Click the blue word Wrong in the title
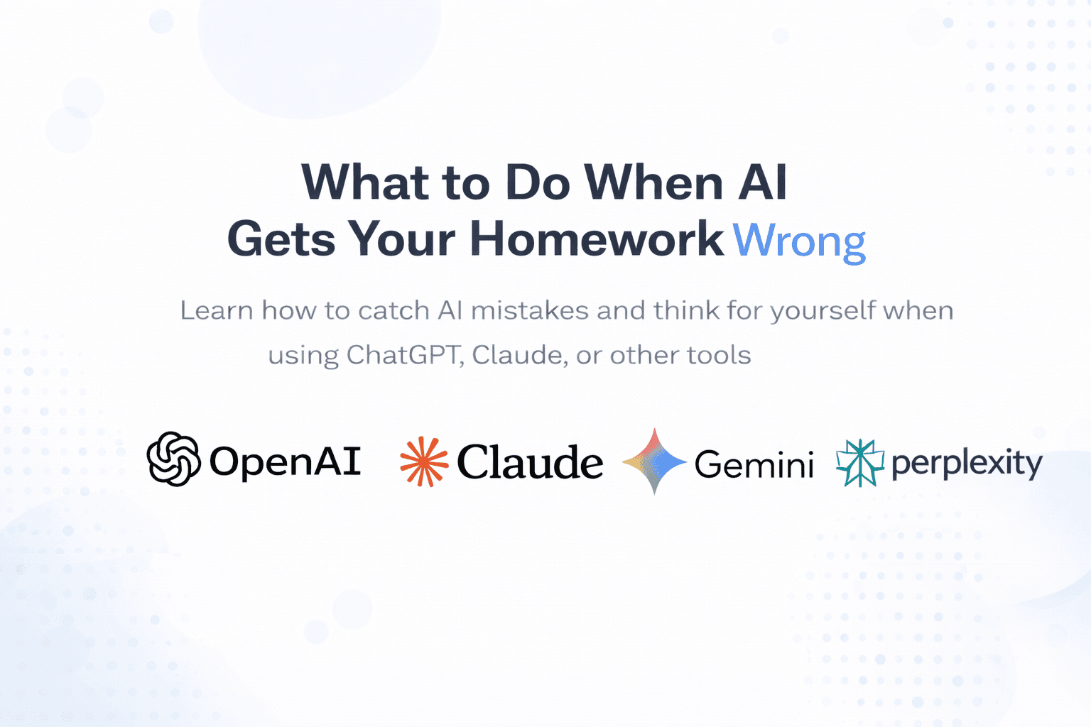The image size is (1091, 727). tap(799, 241)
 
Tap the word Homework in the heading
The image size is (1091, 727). tap(597, 239)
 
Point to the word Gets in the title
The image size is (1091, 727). tap(281, 239)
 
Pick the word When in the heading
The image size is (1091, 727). tap(653, 182)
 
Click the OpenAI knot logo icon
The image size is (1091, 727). tap(173, 459)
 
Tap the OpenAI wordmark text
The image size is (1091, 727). tap(285, 461)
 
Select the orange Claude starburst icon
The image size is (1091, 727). tap(424, 461)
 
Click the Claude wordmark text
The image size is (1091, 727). tap(530, 462)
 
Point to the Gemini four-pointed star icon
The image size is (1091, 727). tap(654, 461)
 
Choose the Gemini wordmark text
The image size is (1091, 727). tap(754, 464)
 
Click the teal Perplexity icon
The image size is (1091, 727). tap(859, 463)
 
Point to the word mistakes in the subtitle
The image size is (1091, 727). tap(530, 311)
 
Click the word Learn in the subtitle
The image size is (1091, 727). tap(217, 311)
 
